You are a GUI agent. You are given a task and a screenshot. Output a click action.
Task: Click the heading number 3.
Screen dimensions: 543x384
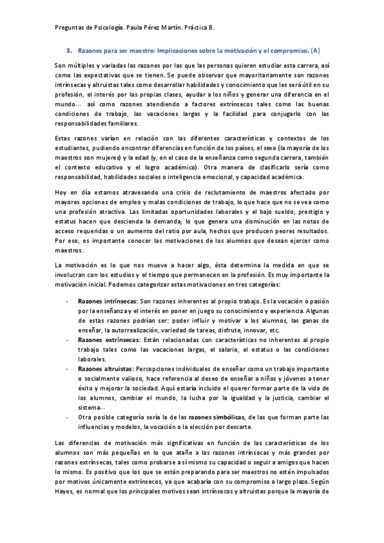tap(68, 49)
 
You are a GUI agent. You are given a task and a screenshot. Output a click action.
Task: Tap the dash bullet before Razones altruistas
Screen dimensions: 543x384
tap(68, 369)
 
